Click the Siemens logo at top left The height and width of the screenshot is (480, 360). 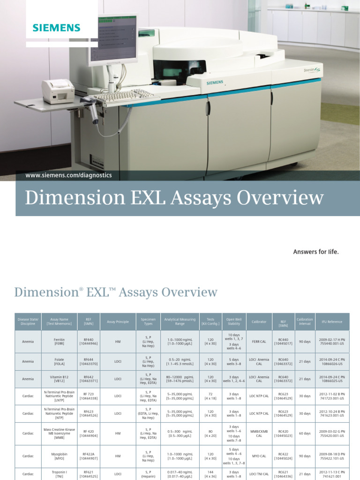pyautogui.click(x=56, y=28)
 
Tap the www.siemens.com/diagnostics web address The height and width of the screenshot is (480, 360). pyautogui.click(x=69, y=175)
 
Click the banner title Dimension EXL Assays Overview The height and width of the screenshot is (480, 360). pyautogui.click(x=174, y=198)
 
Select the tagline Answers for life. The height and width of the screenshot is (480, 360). pyautogui.click(x=315, y=252)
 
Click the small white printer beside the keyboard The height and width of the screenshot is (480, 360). pyautogui.click(x=58, y=90)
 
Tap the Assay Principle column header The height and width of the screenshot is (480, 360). pyautogui.click(x=118, y=322)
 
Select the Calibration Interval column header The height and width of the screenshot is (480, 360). pyautogui.click(x=305, y=322)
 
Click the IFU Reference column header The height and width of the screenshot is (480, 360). pyautogui.click(x=332, y=322)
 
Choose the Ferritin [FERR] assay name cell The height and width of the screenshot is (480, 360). pyautogui.click(x=59, y=342)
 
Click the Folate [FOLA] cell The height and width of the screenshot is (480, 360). pyautogui.click(x=59, y=361)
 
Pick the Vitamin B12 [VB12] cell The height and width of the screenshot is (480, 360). pyautogui.click(x=59, y=379)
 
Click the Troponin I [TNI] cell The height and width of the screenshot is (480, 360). pyautogui.click(x=59, y=474)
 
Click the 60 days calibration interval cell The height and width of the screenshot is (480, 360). pyautogui.click(x=305, y=434)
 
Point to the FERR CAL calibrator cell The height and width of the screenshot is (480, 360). pyautogui.click(x=259, y=342)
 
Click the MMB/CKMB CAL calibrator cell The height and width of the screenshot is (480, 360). pyautogui.click(x=259, y=434)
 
